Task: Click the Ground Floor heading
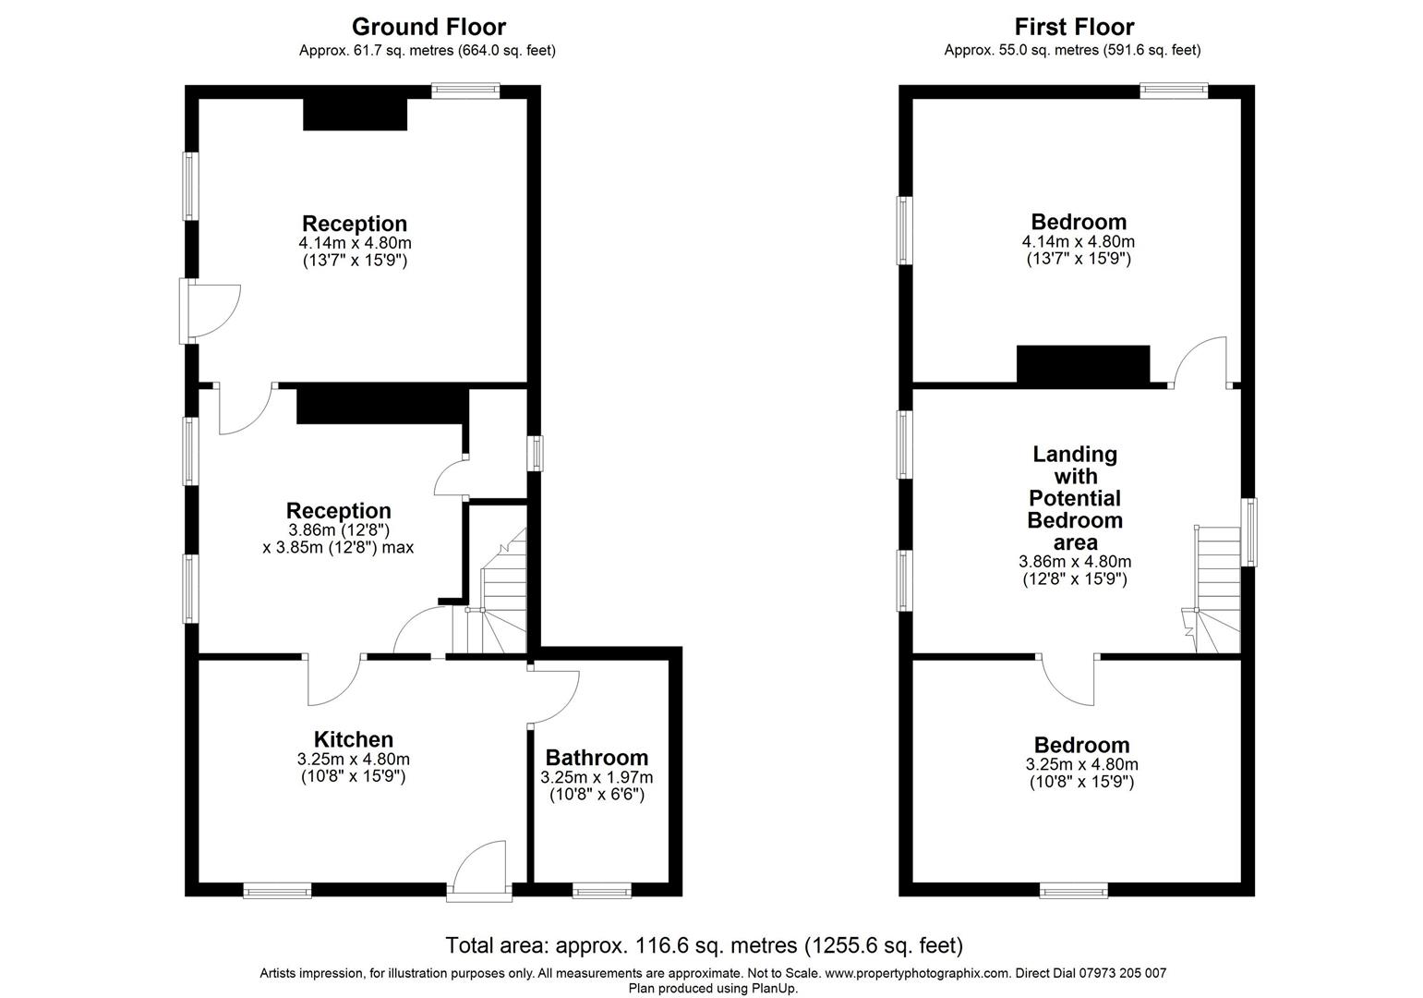(x=428, y=27)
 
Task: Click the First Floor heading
(x=1074, y=27)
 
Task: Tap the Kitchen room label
(x=354, y=739)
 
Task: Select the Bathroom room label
(x=597, y=758)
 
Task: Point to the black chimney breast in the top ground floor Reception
(x=356, y=115)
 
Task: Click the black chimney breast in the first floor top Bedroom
(x=1083, y=364)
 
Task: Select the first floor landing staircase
(x=1218, y=591)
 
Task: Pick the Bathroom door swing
(x=552, y=695)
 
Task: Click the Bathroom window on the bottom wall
(x=602, y=891)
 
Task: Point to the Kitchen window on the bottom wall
(x=277, y=891)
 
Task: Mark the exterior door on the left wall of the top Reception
(x=211, y=311)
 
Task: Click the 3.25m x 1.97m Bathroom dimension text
(x=597, y=777)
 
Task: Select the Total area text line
(x=705, y=945)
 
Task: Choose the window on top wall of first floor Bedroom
(x=1174, y=91)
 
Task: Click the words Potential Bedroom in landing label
(x=1075, y=509)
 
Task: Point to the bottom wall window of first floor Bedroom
(x=1073, y=891)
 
